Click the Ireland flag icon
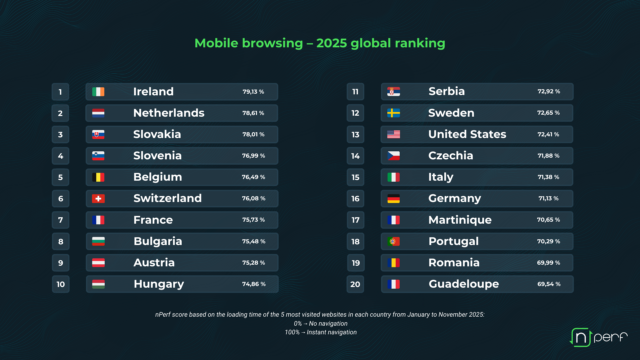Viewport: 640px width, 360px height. (98, 92)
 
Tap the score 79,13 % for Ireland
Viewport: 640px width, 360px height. (253, 92)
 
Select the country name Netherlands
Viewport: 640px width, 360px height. (169, 113)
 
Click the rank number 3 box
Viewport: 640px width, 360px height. (60, 135)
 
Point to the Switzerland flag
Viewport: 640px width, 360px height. (98, 199)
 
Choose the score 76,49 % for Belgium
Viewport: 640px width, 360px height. (253, 177)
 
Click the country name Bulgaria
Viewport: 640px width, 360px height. (158, 241)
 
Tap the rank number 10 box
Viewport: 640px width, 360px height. (60, 284)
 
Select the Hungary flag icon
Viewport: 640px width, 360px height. (98, 284)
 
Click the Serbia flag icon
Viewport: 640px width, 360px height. (394, 92)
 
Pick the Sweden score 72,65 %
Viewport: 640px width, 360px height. (548, 113)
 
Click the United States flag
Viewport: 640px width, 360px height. (394, 134)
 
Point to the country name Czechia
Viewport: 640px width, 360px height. (451, 156)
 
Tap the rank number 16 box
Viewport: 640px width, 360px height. (355, 199)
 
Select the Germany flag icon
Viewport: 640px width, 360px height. (394, 199)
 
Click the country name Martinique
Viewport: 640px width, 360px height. (460, 220)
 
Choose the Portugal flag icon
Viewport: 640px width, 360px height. (394, 241)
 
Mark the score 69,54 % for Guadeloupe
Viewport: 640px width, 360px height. (549, 284)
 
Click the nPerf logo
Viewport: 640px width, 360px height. (599, 337)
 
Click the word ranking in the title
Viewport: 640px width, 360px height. (420, 43)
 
